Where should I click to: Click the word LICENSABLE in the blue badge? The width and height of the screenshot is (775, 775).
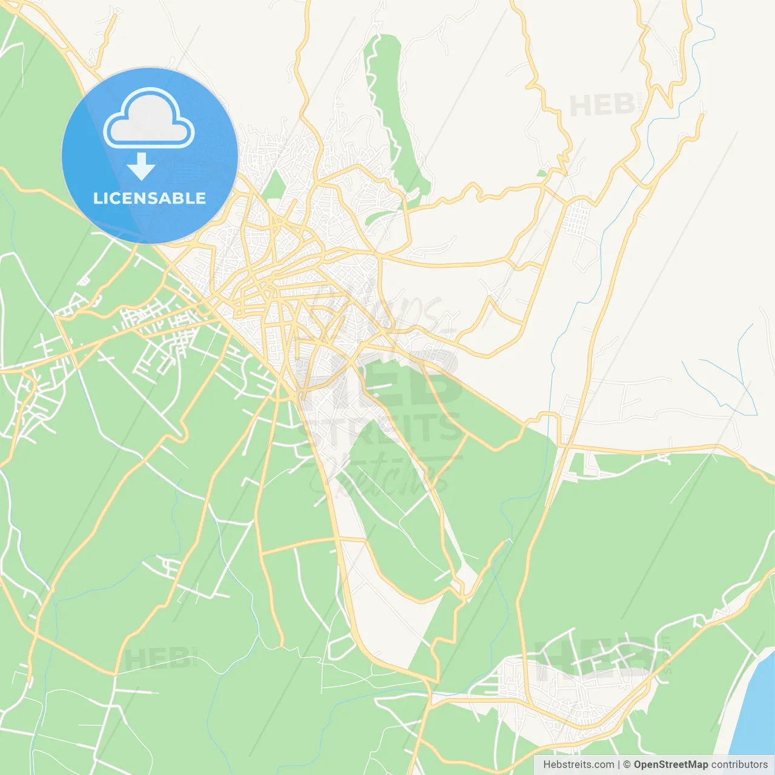[x=150, y=199]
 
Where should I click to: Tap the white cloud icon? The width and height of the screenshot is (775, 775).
[x=149, y=119]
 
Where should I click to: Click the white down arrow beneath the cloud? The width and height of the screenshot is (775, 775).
[x=141, y=167]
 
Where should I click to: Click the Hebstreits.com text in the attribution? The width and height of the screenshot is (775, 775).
[x=578, y=765]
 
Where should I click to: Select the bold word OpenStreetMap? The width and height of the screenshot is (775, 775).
[x=670, y=765]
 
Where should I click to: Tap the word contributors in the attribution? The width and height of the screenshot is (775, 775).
[x=739, y=765]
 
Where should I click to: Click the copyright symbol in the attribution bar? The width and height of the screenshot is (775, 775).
[x=627, y=765]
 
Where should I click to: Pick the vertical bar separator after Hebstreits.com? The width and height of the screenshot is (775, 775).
[x=618, y=765]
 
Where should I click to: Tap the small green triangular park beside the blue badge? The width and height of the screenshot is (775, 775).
[x=275, y=185]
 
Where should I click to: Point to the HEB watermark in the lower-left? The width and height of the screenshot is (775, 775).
[x=157, y=659]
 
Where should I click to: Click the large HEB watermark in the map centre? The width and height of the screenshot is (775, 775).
[x=381, y=378]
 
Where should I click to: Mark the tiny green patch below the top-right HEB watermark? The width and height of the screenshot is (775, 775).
[x=541, y=173]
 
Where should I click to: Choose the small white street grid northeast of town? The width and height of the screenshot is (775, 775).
[x=578, y=218]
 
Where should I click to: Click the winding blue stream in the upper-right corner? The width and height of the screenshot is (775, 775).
[x=705, y=36]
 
